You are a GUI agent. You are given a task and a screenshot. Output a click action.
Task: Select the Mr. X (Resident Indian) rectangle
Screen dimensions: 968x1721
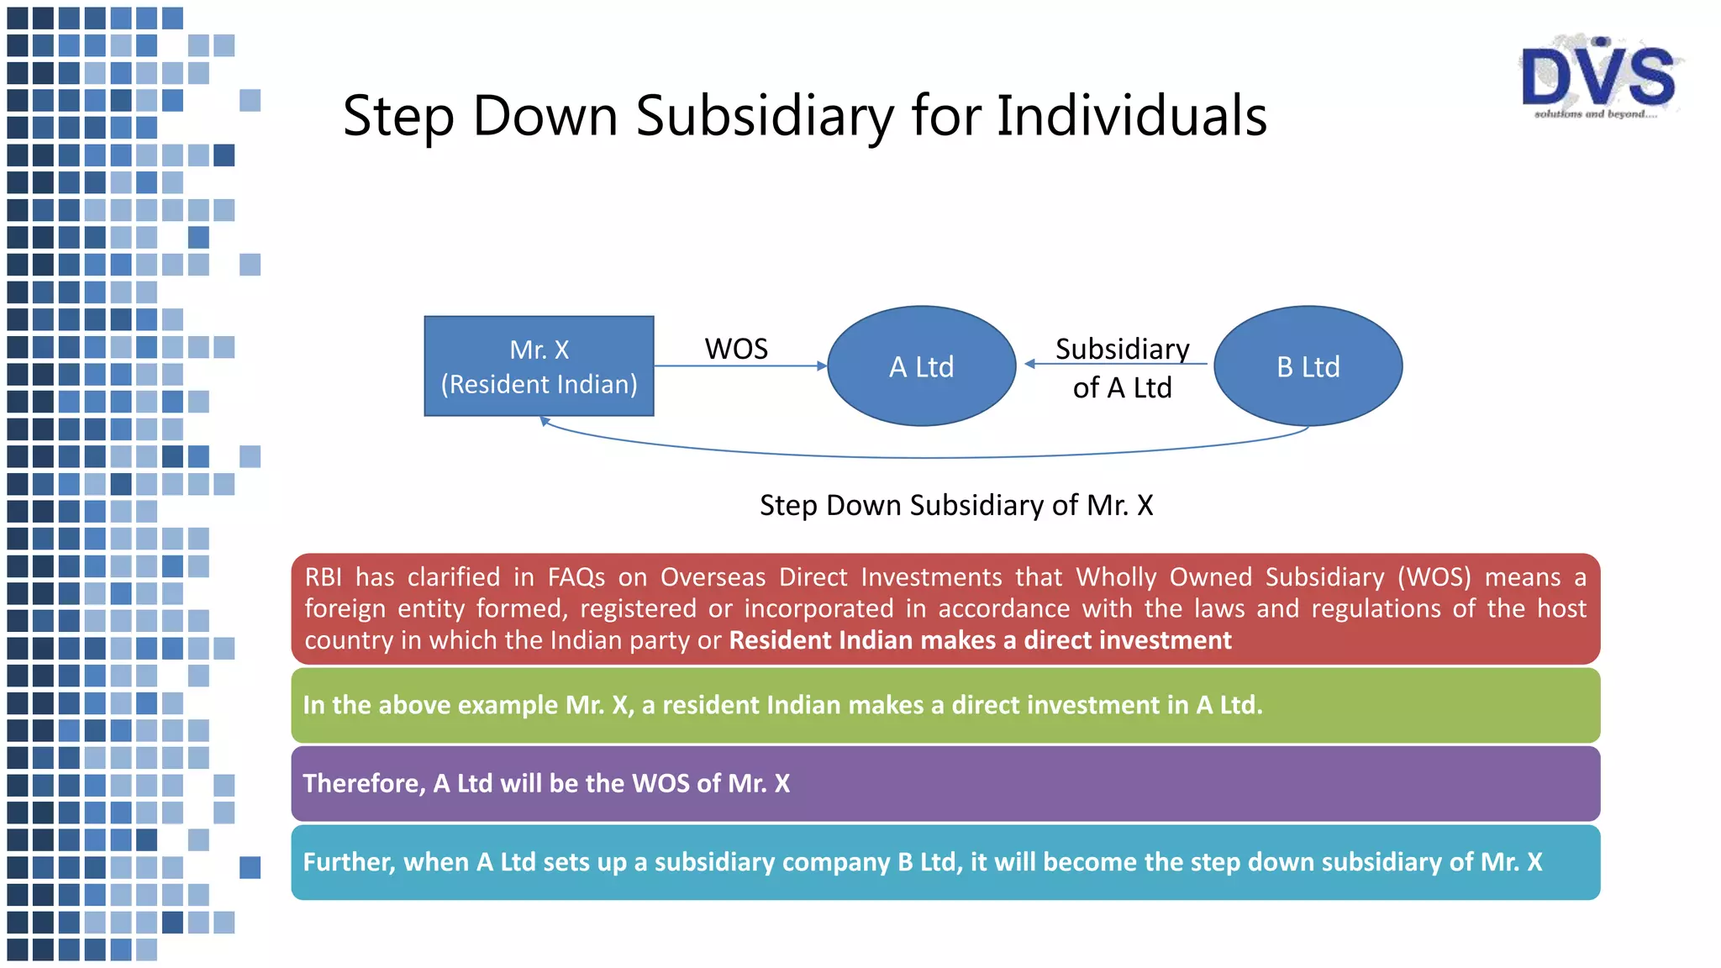539,366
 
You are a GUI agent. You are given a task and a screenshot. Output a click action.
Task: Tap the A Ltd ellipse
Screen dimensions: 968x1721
922,366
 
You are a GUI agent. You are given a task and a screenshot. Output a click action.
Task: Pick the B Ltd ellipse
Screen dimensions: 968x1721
1308,366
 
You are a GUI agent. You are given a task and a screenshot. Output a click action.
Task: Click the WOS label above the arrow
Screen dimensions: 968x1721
736,349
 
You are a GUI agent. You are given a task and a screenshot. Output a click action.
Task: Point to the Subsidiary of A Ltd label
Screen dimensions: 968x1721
1122,368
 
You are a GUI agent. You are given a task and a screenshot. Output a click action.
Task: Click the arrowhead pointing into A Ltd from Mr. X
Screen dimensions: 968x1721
823,366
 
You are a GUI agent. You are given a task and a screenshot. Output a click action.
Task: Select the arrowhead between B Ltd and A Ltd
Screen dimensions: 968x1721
1030,364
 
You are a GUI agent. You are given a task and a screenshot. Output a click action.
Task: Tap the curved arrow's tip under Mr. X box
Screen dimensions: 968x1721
545,421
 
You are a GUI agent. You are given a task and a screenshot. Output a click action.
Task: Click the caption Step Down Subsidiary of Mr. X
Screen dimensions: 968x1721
956,505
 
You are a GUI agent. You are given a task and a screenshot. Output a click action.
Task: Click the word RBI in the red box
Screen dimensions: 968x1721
324,577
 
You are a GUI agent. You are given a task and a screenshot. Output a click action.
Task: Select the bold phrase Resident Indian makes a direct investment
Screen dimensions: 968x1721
980,640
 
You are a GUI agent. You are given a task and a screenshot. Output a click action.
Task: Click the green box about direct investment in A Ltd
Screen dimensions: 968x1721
945,705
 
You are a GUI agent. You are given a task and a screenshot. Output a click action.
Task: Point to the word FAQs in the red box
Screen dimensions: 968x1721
576,577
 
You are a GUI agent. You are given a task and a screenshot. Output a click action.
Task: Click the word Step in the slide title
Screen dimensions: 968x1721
398,115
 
